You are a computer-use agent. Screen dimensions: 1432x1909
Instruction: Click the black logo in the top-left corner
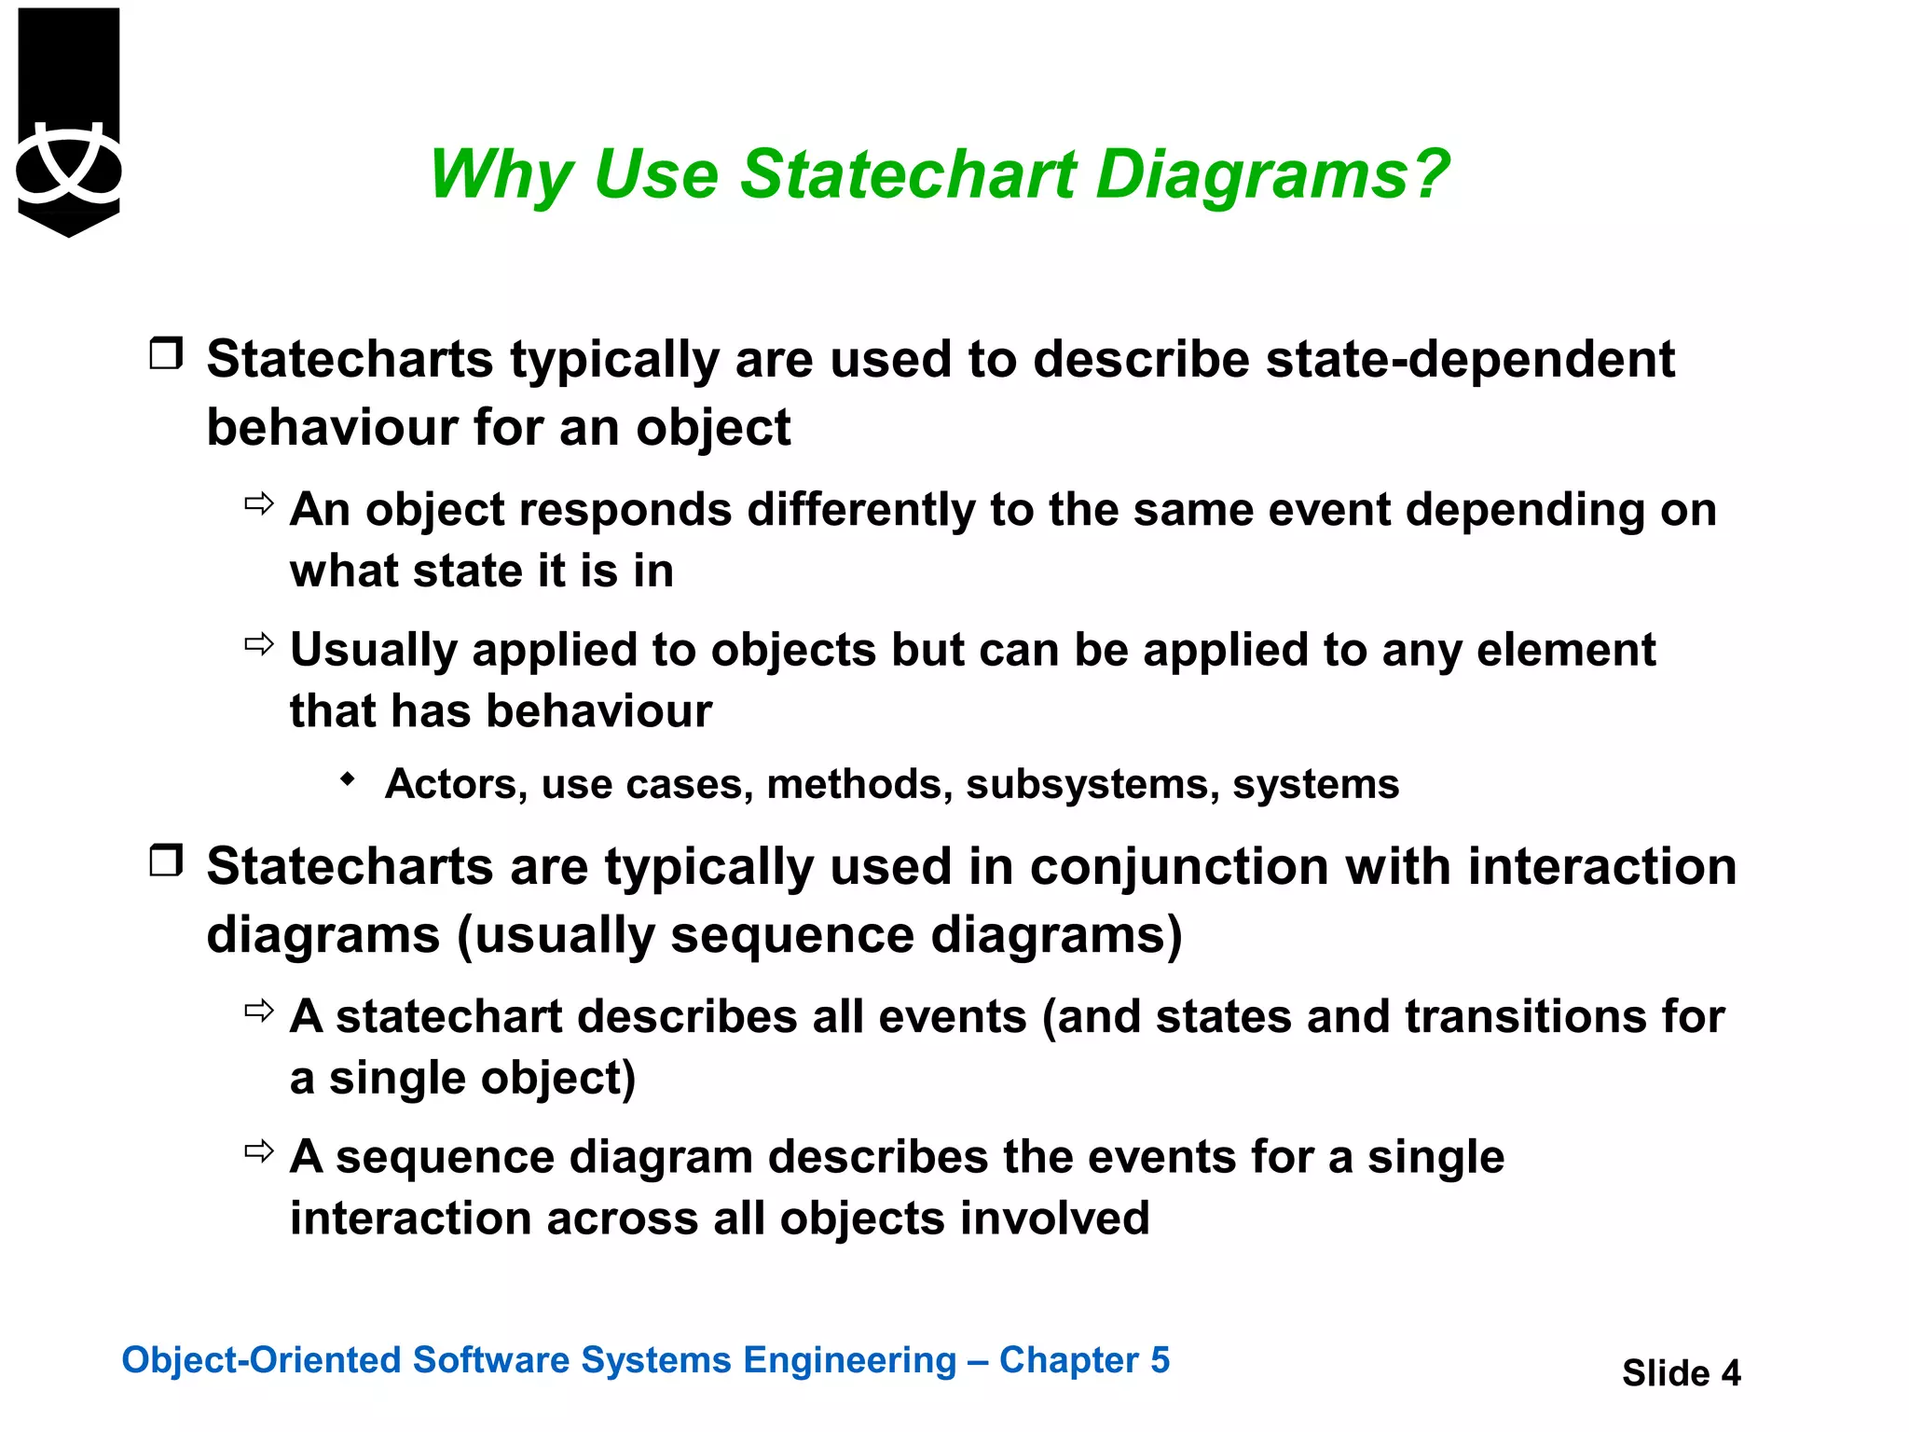69,121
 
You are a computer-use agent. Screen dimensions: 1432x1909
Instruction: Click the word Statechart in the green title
908,174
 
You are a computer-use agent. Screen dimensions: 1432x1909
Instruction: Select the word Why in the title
500,174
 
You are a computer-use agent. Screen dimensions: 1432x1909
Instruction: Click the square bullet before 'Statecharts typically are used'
166,354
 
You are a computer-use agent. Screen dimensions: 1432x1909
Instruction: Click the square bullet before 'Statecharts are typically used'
166,861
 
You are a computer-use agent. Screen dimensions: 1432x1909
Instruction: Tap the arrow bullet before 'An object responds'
259,504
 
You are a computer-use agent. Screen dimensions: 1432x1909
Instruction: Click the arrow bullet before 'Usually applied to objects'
259,644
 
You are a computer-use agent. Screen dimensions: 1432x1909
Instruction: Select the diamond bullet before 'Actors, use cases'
348,779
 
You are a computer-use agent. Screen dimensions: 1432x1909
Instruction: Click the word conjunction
1178,867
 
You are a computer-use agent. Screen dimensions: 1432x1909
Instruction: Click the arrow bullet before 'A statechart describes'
259,1011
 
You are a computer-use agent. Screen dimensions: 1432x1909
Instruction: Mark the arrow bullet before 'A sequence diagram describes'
259,1151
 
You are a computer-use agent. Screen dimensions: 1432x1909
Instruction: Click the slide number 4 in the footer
1730,1373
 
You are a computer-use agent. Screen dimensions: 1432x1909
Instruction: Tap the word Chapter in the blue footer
1068,1360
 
